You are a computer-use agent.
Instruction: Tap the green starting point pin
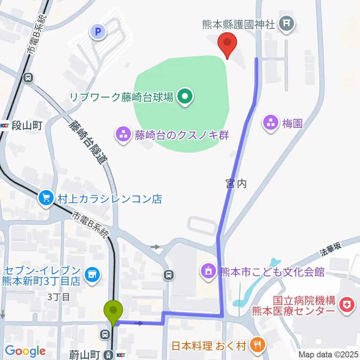pyautogui.click(x=115, y=311)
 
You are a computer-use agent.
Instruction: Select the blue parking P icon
pyautogui.click(x=98, y=32)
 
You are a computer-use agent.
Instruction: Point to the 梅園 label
pyautogui.click(x=292, y=123)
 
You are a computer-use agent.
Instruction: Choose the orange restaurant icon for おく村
pyautogui.click(x=258, y=345)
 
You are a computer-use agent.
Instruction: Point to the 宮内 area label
pyautogui.click(x=236, y=183)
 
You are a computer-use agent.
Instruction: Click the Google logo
pyautogui.click(x=25, y=351)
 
